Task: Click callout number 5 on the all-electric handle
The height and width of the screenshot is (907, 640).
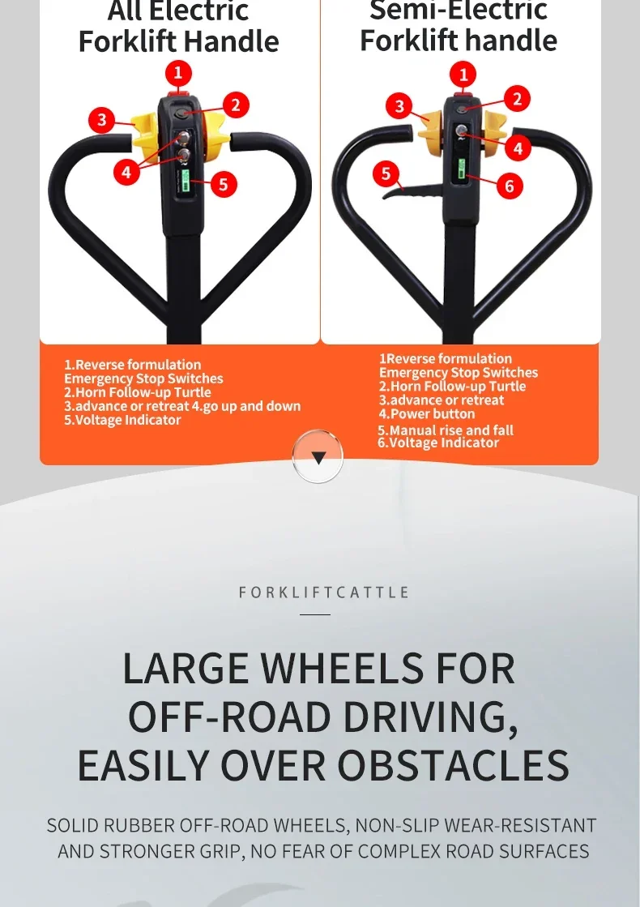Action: [223, 185]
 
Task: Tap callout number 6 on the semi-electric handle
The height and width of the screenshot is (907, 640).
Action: [509, 186]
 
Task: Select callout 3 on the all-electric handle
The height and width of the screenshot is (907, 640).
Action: [101, 121]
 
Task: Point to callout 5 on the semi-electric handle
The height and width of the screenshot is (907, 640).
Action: [386, 173]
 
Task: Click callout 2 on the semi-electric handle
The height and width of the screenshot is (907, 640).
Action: [516, 99]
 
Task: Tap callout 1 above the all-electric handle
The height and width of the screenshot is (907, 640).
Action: [178, 74]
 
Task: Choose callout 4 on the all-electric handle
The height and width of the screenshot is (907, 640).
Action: [126, 172]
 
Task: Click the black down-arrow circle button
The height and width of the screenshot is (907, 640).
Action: [318, 457]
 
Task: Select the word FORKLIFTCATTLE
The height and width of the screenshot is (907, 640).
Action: [324, 593]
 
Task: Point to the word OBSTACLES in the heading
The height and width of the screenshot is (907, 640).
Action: [453, 765]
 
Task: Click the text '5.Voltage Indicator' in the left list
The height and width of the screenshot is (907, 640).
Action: [122, 420]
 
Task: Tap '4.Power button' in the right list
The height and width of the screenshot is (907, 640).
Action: [427, 413]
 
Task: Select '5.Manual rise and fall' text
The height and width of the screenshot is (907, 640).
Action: [446, 430]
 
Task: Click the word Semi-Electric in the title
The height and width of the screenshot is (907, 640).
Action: [459, 11]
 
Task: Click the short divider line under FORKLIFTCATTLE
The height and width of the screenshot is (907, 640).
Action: [315, 614]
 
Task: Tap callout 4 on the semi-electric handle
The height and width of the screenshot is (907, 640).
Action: [517, 148]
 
